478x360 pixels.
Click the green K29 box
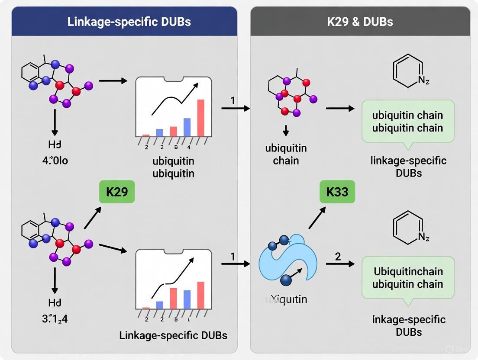[116, 191]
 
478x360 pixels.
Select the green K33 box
[337, 191]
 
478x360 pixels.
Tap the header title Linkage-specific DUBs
[129, 22]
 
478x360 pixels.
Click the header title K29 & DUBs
[360, 22]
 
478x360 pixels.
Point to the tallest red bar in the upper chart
[200, 118]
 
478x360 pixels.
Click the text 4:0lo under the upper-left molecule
[55, 161]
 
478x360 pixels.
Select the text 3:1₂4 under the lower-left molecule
[55, 319]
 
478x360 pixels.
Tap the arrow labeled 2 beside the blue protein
[340, 264]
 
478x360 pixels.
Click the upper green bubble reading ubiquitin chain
[407, 122]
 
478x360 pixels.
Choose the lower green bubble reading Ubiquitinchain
[407, 278]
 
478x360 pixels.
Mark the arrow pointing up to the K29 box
[93, 217]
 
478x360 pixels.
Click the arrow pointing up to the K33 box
[317, 217]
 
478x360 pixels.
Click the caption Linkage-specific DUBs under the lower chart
[173, 335]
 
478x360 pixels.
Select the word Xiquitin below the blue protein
[286, 299]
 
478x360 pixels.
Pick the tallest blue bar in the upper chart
[187, 127]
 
